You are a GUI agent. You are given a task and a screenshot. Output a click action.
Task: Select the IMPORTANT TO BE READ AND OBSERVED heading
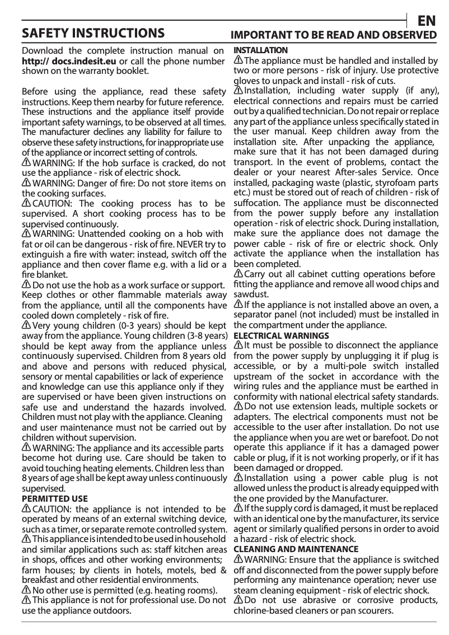334,35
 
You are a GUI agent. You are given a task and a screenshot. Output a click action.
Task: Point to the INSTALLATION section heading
260,50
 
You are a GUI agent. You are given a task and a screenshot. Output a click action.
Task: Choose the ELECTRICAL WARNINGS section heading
273,335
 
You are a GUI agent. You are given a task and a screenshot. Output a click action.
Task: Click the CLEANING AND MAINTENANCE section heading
295,549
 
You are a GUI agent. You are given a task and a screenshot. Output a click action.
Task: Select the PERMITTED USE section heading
54,498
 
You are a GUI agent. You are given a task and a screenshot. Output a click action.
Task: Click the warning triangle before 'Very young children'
26,325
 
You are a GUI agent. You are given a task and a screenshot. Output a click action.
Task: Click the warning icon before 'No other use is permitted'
26,590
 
